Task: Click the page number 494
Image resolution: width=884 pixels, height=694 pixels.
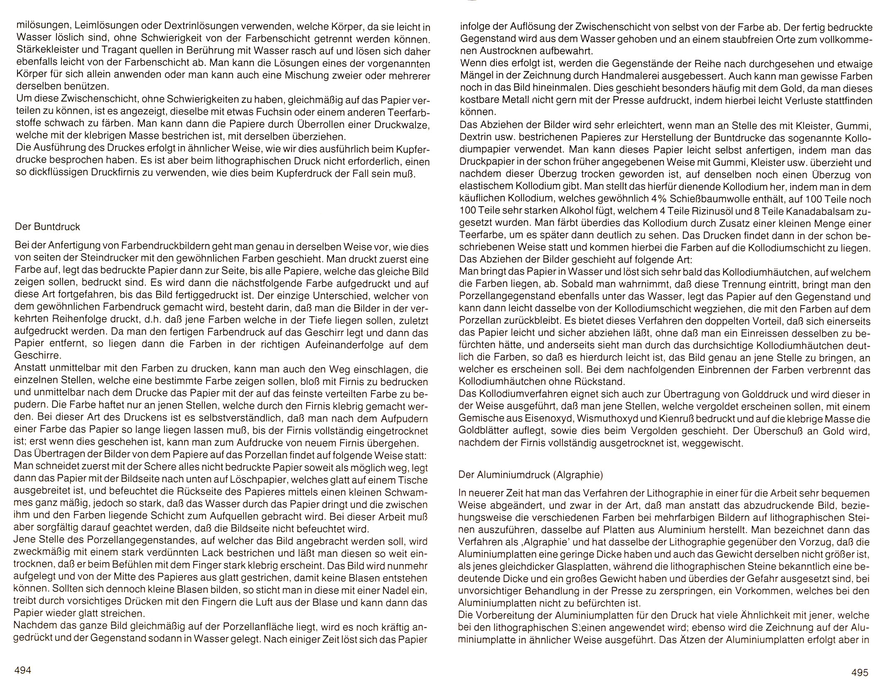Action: [23, 671]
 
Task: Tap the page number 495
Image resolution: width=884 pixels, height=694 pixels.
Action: [859, 672]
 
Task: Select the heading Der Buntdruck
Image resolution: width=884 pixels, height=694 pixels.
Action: [47, 227]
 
